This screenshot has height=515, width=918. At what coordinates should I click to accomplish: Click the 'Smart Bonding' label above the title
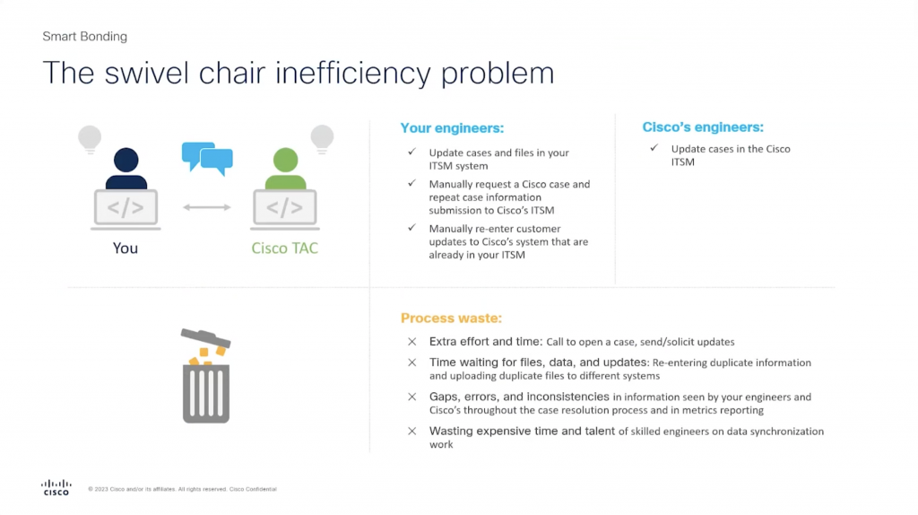coord(85,37)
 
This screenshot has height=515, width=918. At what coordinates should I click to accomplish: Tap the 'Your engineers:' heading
coord(452,128)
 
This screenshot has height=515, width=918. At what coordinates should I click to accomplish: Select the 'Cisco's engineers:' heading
coord(703,127)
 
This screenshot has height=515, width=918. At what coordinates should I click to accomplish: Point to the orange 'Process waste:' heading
coord(451,318)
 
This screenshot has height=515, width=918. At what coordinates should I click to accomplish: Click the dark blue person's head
coord(126,162)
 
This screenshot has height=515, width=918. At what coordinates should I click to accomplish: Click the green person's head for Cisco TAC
coord(284,162)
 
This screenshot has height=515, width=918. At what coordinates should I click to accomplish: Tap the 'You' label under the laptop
coord(126,248)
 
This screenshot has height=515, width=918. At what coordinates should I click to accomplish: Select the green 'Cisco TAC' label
coord(284,248)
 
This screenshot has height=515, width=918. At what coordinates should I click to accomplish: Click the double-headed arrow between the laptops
coord(206,207)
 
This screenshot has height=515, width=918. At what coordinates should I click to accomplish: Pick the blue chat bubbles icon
coord(207,157)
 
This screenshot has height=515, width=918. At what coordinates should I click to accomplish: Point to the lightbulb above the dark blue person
coord(89,138)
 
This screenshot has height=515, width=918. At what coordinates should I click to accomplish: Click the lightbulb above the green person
coord(322,138)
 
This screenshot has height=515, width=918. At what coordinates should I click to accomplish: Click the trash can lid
coord(205,338)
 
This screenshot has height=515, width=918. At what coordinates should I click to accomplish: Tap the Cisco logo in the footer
coord(56,487)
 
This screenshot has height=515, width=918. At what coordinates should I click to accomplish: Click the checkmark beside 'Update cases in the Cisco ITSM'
coord(654,148)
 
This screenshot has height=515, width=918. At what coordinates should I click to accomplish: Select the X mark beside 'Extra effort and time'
coord(411,341)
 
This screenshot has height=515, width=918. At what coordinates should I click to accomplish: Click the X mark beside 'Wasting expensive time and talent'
coord(411,431)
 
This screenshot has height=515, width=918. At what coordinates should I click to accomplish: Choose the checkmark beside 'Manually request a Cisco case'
coord(411,184)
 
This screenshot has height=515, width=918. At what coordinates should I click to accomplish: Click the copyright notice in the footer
coord(182,489)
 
